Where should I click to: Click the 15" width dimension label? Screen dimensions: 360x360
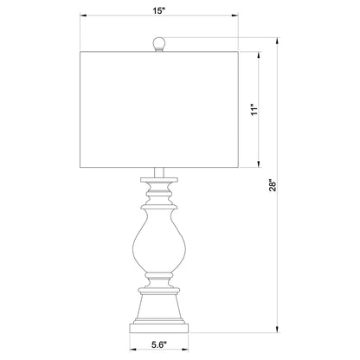tap(157, 11)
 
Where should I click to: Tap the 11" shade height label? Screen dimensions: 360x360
tap(254, 109)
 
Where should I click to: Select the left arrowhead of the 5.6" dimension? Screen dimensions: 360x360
tap(132, 348)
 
